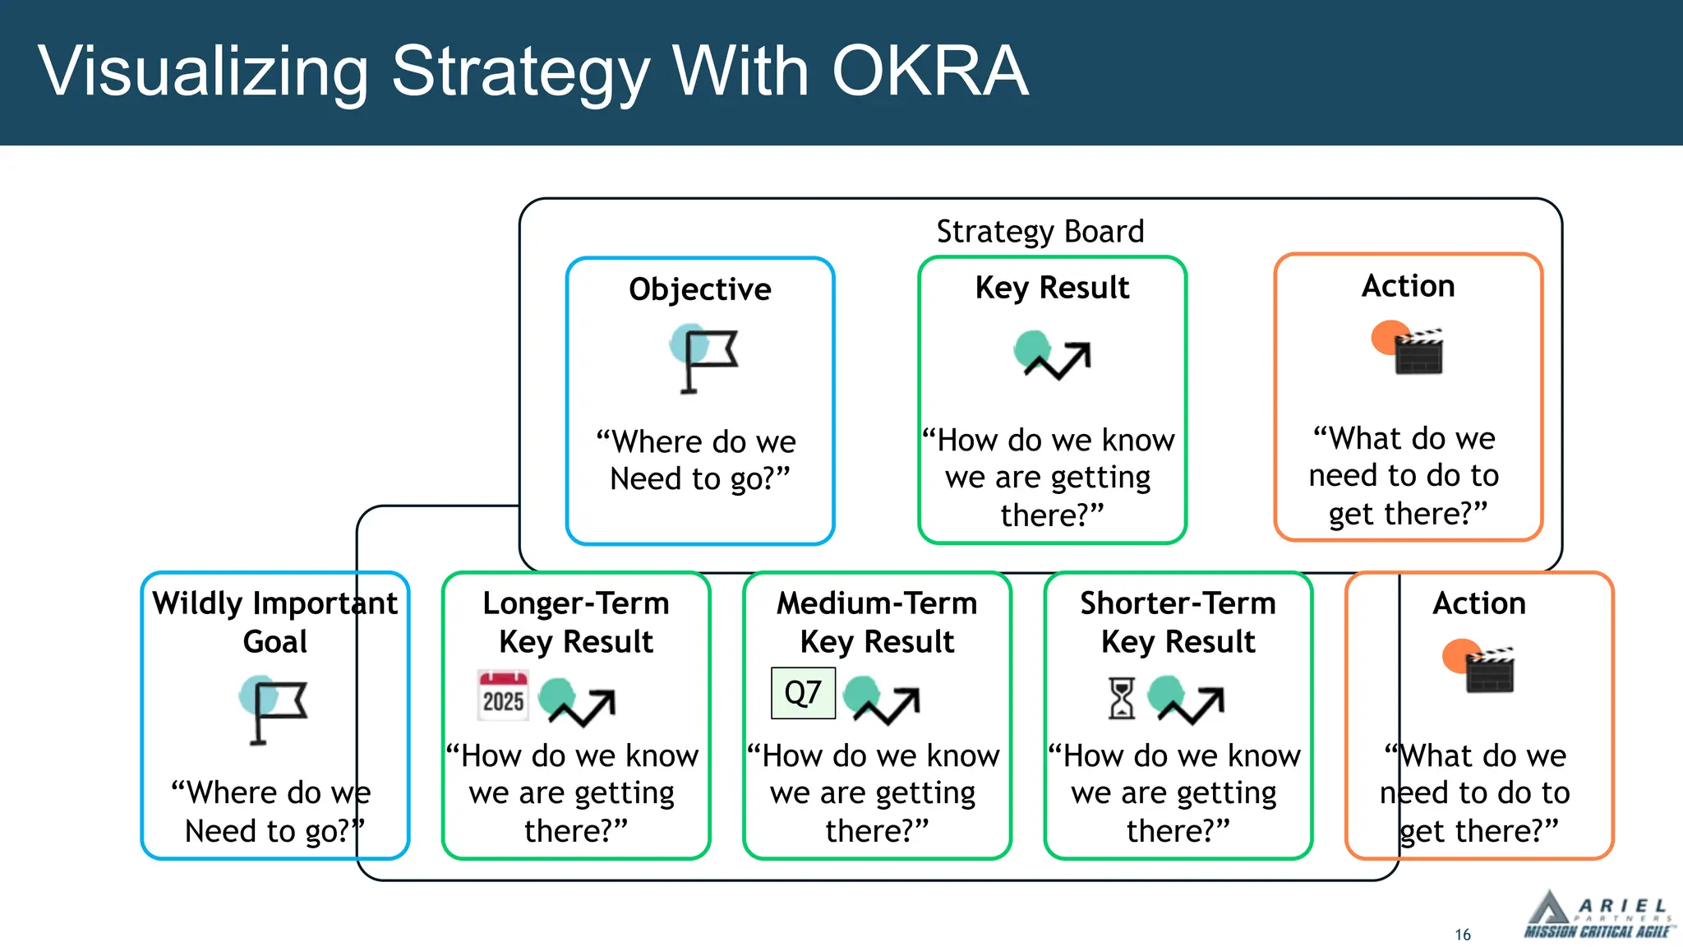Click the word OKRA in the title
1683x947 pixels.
click(929, 72)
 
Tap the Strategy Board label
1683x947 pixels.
click(1040, 232)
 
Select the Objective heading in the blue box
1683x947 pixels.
click(699, 289)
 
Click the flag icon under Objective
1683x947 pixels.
click(703, 358)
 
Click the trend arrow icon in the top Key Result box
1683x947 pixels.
click(1054, 355)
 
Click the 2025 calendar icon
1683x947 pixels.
click(503, 695)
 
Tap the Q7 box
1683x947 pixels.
click(803, 693)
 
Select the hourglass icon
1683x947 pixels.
click(1121, 698)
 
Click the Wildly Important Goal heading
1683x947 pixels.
click(274, 621)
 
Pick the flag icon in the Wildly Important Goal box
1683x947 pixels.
click(274, 709)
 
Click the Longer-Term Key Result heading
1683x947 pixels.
click(575, 621)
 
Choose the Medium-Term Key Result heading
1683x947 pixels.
click(877, 621)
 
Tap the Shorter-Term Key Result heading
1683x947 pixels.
click(1178, 621)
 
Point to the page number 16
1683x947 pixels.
click(1463, 935)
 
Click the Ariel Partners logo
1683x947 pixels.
click(1597, 915)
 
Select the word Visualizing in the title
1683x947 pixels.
click(203, 72)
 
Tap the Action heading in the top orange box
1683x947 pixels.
click(1408, 286)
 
